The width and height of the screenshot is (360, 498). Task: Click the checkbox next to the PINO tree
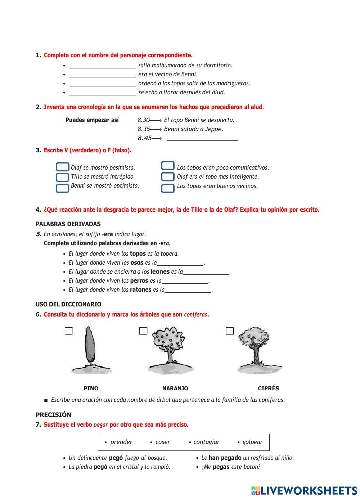point(69,331)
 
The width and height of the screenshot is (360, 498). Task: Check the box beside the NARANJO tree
point(143,331)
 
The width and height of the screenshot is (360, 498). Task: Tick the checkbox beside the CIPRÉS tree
point(230,331)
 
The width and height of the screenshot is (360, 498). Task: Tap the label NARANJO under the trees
point(175,389)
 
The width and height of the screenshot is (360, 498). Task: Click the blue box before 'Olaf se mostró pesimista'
point(63,167)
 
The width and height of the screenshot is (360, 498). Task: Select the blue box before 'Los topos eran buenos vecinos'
point(168,188)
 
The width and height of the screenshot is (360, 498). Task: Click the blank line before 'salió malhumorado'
point(103,66)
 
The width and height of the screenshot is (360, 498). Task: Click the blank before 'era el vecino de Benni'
point(103,75)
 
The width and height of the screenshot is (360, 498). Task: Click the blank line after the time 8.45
point(202,138)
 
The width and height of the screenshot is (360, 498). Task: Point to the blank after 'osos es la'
point(180,263)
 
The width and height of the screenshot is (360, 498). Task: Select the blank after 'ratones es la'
point(188,290)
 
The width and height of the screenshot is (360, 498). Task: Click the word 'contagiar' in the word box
point(206,442)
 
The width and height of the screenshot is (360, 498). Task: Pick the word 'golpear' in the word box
point(252,442)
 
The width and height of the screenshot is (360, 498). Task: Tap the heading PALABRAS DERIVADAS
point(68,224)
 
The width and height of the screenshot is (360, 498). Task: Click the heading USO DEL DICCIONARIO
point(68,304)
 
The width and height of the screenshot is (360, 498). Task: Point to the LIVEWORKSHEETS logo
point(304,490)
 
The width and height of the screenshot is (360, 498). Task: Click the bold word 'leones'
point(160,272)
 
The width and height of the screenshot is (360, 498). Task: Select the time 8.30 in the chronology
point(143,120)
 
